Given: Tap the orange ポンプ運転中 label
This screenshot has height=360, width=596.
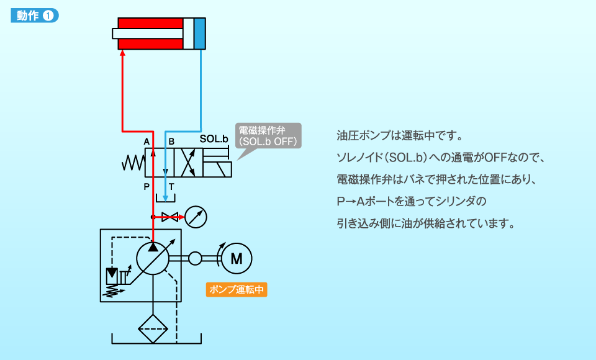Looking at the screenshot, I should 237,290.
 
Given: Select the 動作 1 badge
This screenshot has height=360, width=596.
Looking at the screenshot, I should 35,16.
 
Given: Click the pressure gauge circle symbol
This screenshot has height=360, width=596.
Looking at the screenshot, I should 196,217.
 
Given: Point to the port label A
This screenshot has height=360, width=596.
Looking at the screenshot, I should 147,142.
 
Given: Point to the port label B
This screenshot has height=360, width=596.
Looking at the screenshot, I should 171,142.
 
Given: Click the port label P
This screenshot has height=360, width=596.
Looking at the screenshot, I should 147,186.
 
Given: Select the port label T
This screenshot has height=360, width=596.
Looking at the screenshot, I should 171,186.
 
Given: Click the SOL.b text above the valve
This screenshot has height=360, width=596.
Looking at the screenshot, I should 214,139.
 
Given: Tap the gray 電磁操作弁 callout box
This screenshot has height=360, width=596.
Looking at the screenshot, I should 269,136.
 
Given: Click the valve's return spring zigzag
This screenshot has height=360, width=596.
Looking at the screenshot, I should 133,163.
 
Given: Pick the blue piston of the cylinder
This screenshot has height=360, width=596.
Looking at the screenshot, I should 199,34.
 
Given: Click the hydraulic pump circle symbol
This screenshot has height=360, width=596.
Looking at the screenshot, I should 153,258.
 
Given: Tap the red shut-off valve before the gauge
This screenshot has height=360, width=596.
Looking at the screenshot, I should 169,217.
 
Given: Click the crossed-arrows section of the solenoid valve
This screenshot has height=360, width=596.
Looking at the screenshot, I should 187,163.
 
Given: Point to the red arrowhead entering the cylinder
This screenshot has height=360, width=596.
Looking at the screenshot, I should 122,54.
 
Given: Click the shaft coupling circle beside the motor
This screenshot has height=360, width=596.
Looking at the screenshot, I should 196,258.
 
